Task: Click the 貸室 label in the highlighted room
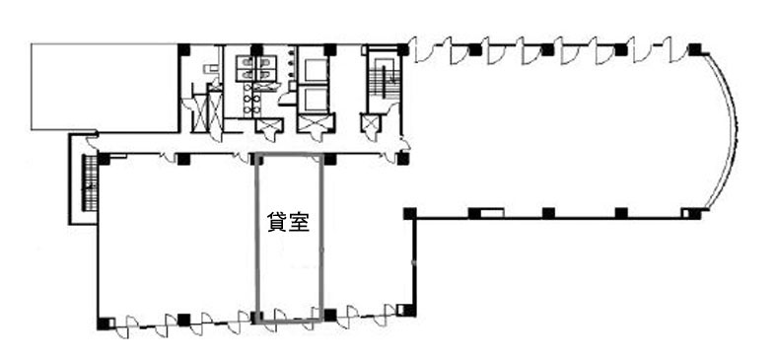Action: tap(289, 222)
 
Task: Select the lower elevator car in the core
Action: tap(317, 100)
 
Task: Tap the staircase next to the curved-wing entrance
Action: tap(384, 79)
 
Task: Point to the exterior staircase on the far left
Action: tap(90, 182)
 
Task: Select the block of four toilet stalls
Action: tap(257, 68)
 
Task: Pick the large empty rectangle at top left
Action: tap(105, 87)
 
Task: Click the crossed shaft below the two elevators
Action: tap(317, 123)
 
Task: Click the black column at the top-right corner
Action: tap(695, 49)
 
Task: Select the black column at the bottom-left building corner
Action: tap(104, 324)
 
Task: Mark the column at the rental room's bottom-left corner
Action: tap(256, 317)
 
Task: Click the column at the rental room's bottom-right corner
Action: tap(330, 315)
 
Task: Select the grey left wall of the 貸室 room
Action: tap(256, 239)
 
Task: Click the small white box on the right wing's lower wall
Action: tap(492, 213)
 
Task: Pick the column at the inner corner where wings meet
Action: tap(410, 213)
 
